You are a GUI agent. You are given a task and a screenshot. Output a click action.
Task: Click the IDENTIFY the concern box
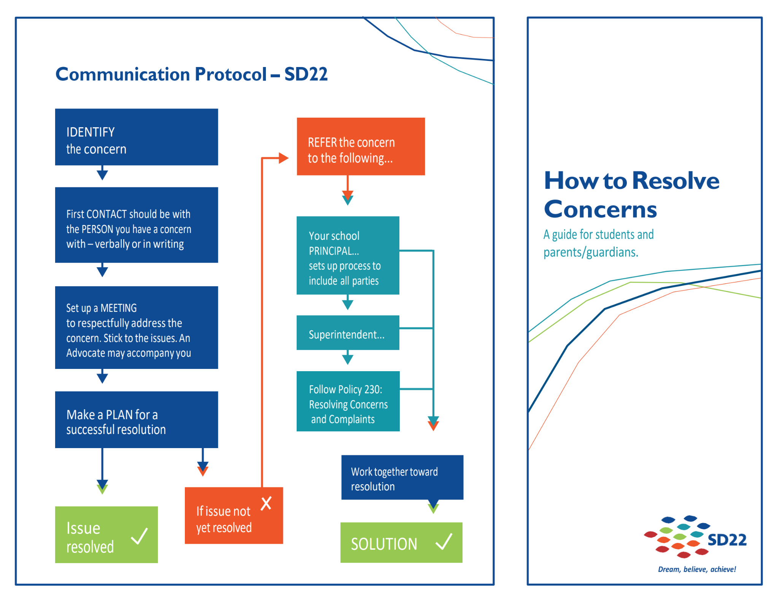point(136,137)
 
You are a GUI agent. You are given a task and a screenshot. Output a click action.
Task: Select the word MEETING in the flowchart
point(118,308)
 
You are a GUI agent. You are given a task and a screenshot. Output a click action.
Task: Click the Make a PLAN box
point(136,420)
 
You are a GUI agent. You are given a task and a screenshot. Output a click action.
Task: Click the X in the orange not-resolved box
point(266,503)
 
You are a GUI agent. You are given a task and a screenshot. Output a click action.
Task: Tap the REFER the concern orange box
point(361,147)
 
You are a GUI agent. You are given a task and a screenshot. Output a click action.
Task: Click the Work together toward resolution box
point(402,477)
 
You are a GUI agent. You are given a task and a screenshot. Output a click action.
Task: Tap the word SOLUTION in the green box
point(384,544)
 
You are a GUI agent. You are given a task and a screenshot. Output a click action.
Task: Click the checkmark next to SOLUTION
point(444,542)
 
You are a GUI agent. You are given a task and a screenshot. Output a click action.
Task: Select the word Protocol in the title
point(231,74)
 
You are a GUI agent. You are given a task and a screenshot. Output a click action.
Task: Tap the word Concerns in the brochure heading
point(600,209)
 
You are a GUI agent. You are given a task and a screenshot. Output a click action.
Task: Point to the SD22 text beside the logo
point(727,540)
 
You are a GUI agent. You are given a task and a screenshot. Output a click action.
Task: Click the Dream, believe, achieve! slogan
point(697,570)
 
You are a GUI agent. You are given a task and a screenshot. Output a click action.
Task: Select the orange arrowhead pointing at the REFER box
point(283,158)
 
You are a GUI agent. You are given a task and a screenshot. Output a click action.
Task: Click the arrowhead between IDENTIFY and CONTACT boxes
point(102,175)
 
